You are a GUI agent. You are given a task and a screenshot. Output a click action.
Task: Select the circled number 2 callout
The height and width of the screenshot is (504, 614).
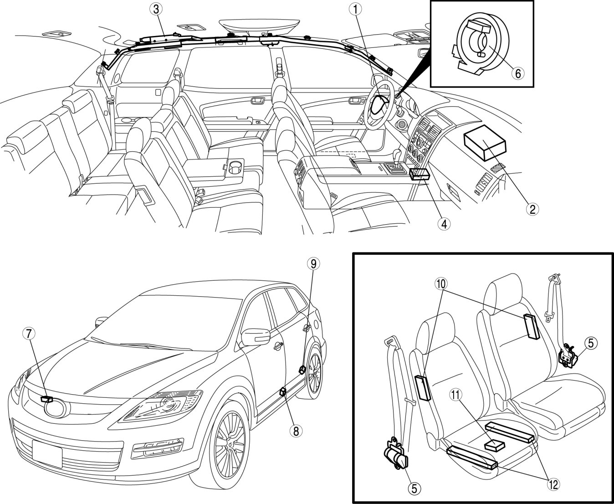tap(531, 209)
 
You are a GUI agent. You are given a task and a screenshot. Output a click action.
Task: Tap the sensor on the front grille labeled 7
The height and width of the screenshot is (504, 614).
tap(47, 399)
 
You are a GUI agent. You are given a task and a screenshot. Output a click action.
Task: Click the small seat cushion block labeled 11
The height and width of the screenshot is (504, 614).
tap(495, 444)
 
